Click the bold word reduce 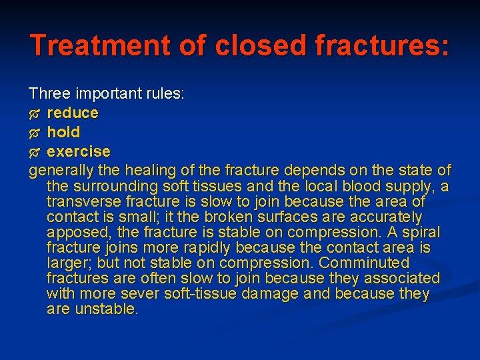click(73, 113)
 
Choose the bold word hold click(63, 132)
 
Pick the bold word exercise click(79, 151)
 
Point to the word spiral click(422, 232)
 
